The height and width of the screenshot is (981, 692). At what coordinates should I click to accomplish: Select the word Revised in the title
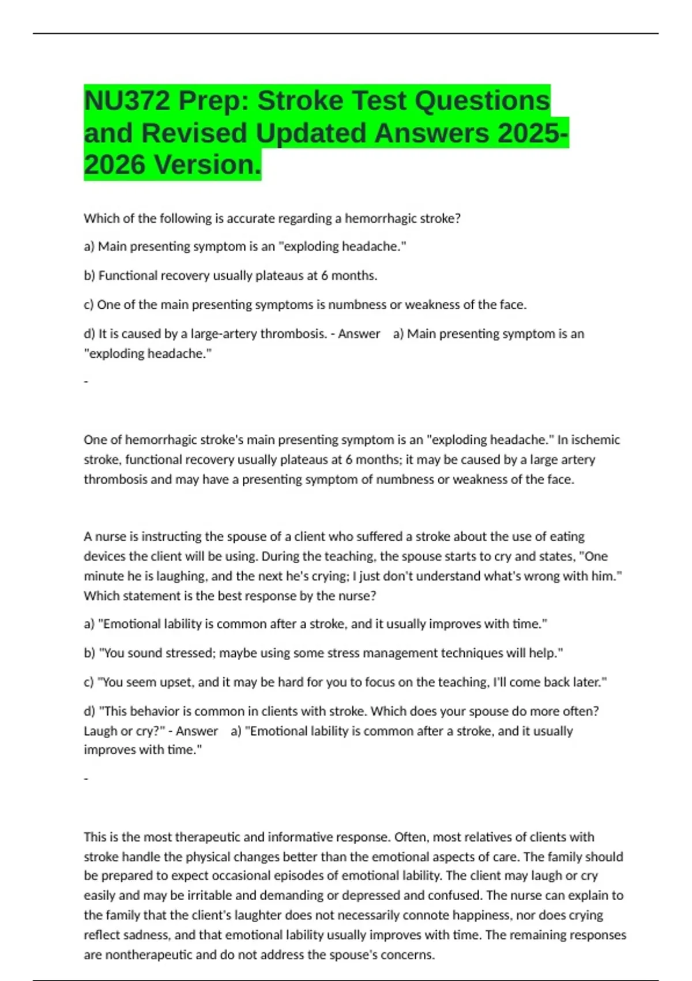coord(197,133)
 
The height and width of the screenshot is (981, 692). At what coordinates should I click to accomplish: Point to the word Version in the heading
coord(208,164)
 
